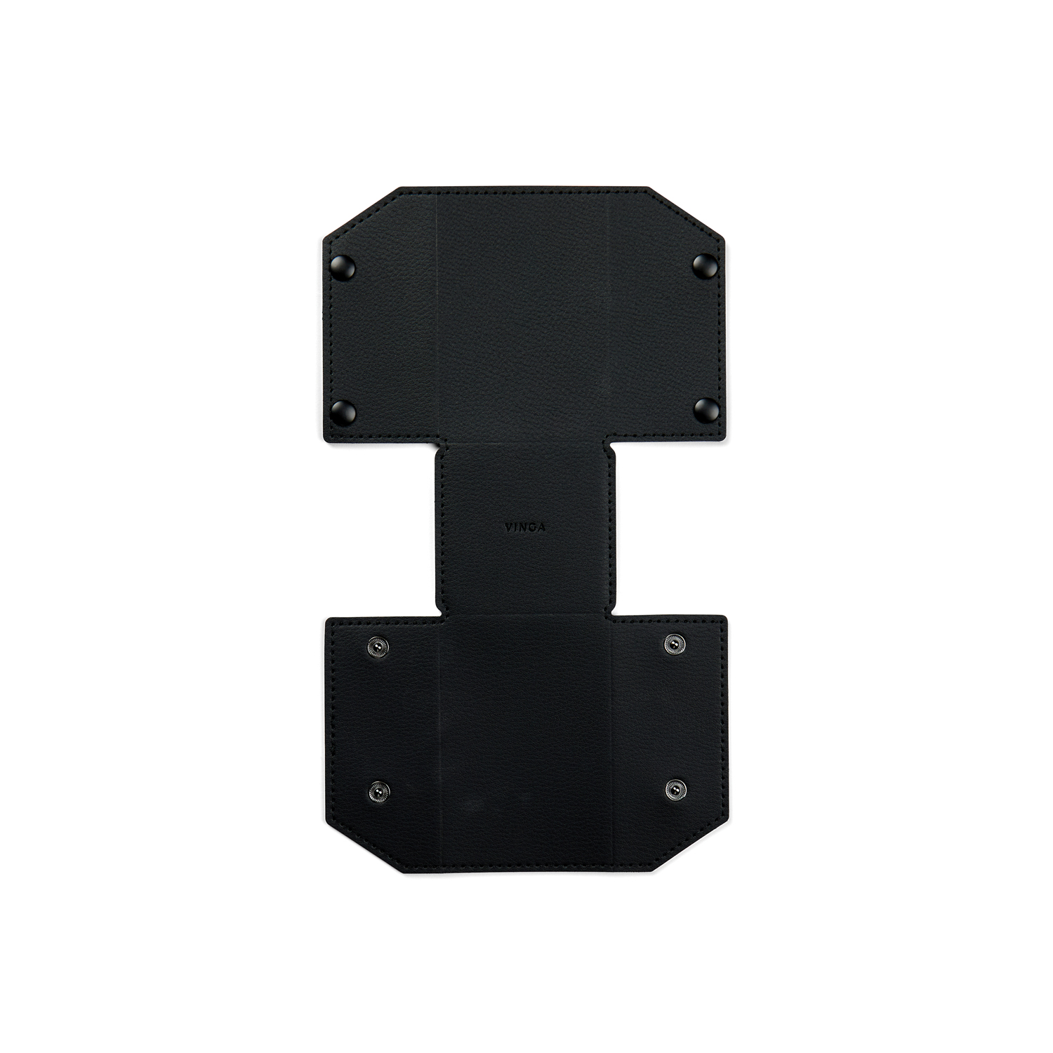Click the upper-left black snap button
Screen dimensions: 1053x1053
345,265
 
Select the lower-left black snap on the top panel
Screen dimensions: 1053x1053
344,409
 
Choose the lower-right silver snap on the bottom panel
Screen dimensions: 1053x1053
675,790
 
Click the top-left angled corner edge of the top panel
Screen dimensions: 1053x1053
361,214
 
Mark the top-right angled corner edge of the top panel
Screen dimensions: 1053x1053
685,213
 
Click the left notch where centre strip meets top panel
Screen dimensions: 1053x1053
439,446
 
